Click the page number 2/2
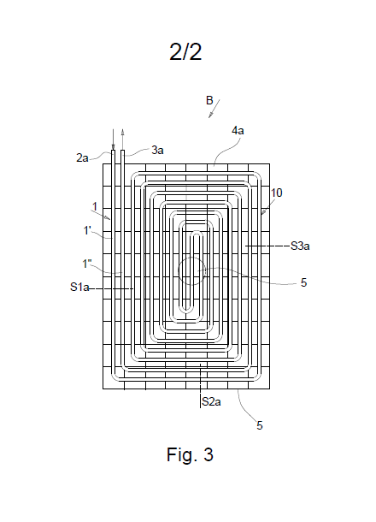(185, 52)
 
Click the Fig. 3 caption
(190, 454)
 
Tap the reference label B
(209, 100)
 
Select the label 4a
(238, 130)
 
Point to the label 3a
(157, 150)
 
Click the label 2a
(82, 157)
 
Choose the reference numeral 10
(276, 193)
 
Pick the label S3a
(300, 246)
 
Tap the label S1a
(79, 287)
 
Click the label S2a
(211, 402)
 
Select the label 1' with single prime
(87, 230)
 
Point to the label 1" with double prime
(87, 264)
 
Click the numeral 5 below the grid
(260, 425)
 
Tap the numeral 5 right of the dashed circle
(303, 282)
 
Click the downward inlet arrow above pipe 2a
(113, 139)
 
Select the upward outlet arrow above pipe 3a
(122, 139)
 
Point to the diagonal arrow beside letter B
(214, 109)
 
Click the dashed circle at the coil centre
(191, 258)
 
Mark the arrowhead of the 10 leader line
(262, 213)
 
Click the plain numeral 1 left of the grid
(95, 207)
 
